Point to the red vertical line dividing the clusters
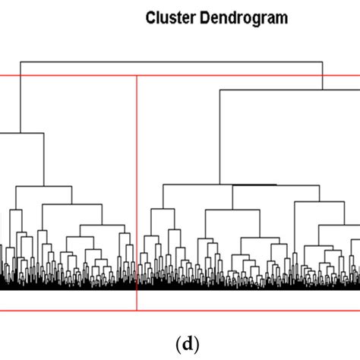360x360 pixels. tap(137, 190)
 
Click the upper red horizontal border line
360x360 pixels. tap(76, 75)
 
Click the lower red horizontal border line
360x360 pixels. tap(76, 311)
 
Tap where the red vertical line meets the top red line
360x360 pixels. tap(137, 75)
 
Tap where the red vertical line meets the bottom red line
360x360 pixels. tap(137, 311)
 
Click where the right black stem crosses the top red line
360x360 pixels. tap(323, 75)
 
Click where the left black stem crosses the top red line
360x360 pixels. tap(21, 75)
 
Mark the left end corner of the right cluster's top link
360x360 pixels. tap(219, 90)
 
